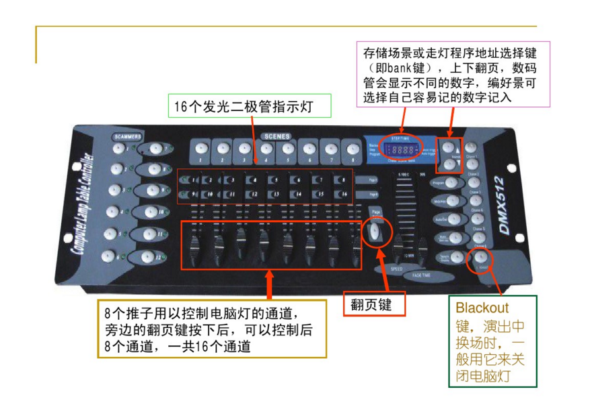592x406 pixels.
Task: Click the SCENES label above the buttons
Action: click(277, 136)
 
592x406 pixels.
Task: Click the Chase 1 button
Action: click(471, 147)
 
